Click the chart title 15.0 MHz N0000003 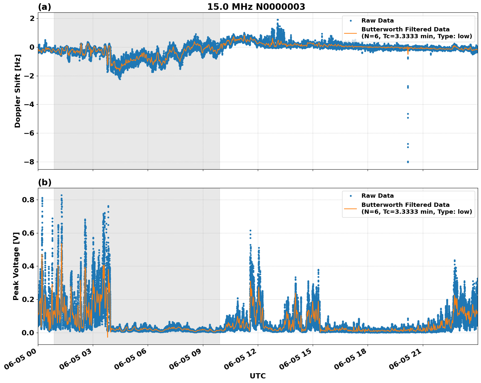256,7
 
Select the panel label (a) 44,7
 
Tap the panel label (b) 44,182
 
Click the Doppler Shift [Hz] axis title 18,91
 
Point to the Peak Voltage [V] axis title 16,266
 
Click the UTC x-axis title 257,376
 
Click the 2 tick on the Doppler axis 32,19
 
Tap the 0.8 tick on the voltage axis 28,200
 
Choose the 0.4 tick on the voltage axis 28,266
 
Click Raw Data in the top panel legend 377,21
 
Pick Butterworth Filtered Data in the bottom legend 405,205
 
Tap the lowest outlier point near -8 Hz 408,162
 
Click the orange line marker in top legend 351,33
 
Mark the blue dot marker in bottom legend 351,196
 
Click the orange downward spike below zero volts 108,336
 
